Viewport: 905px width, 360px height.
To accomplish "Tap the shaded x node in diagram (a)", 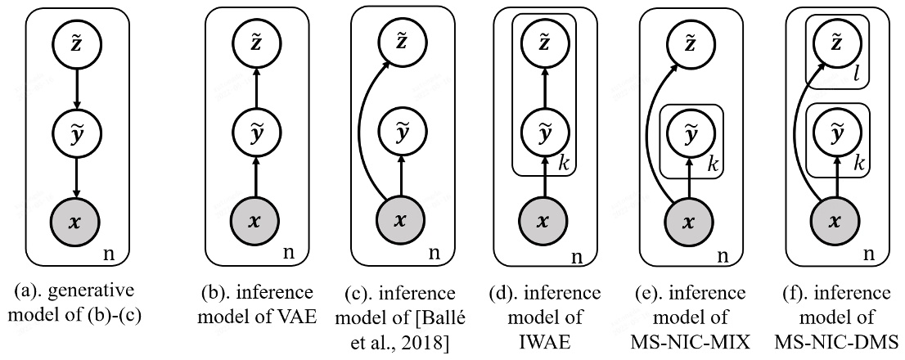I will click(x=75, y=221).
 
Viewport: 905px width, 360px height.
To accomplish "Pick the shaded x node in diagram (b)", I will click(x=255, y=221).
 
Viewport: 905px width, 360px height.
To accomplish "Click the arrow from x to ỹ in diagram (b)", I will click(x=255, y=177).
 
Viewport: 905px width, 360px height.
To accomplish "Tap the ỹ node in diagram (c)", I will click(x=401, y=133).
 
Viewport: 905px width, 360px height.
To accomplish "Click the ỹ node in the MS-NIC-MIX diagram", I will click(x=690, y=133).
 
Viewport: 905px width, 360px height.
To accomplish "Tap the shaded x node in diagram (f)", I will click(x=836, y=221).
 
